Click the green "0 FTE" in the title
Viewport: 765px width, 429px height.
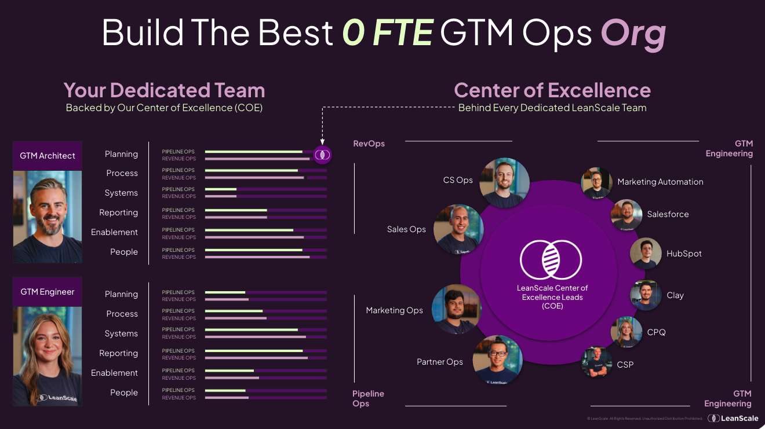(388, 32)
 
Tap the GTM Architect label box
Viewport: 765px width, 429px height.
(48, 155)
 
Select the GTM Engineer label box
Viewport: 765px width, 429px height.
(48, 292)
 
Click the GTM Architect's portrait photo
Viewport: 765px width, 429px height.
(48, 217)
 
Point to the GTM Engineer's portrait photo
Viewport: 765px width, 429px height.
(48, 356)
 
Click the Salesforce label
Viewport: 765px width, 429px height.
(668, 214)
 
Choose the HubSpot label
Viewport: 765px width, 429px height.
(684, 254)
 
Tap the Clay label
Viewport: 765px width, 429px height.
(675, 295)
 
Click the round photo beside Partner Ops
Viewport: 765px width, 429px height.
(498, 360)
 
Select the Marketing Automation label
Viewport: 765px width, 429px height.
(660, 182)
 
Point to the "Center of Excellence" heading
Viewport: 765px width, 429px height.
(552, 90)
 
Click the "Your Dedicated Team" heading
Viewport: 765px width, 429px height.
(164, 90)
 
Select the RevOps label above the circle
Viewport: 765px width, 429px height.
(369, 144)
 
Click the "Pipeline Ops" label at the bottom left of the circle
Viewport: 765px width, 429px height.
(368, 398)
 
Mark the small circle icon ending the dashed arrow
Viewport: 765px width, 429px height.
(322, 155)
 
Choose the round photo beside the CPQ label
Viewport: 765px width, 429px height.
(626, 332)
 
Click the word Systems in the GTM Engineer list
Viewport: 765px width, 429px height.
(121, 333)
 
